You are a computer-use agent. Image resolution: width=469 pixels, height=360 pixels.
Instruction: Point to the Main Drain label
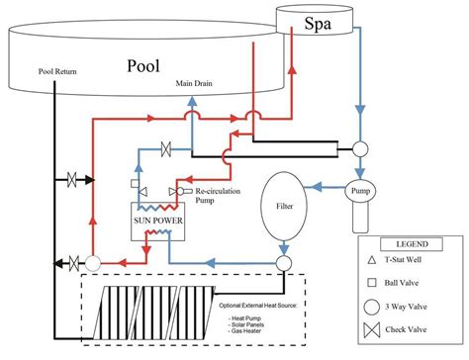tap(196, 84)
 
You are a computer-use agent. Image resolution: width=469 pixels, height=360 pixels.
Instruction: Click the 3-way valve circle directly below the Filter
tap(283, 263)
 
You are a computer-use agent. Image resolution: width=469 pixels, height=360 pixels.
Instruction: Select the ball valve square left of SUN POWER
tap(134, 184)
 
